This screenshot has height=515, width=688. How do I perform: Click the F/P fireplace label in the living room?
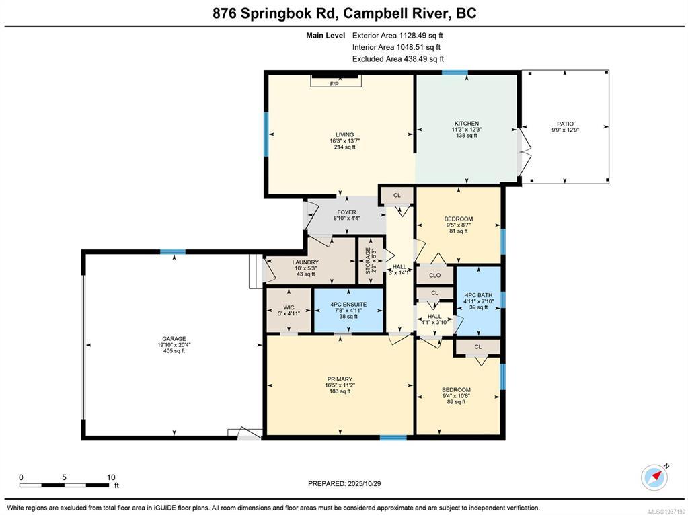334,84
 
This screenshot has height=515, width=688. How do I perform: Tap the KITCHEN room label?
467,124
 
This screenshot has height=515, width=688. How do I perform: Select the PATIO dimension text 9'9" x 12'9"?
566,130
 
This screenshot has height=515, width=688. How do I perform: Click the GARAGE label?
174,339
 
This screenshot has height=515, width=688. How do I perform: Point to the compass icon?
654,477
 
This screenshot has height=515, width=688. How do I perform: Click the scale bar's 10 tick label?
111,477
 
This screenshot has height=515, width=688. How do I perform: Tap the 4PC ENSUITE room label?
348,305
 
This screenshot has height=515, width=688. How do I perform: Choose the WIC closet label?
289,307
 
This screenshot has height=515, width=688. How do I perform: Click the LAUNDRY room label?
305,262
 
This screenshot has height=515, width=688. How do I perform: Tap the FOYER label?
346,212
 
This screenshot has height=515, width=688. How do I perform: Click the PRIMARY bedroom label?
340,379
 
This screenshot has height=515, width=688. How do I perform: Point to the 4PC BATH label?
478,295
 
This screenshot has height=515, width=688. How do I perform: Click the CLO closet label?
435,276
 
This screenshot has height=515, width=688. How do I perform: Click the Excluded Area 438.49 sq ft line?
398,58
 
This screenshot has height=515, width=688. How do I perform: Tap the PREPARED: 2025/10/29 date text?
344,483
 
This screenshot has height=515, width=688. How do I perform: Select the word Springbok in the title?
277,13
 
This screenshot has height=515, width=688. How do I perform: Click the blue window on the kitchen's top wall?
455,73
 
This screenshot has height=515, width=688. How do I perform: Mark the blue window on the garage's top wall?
172,252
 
